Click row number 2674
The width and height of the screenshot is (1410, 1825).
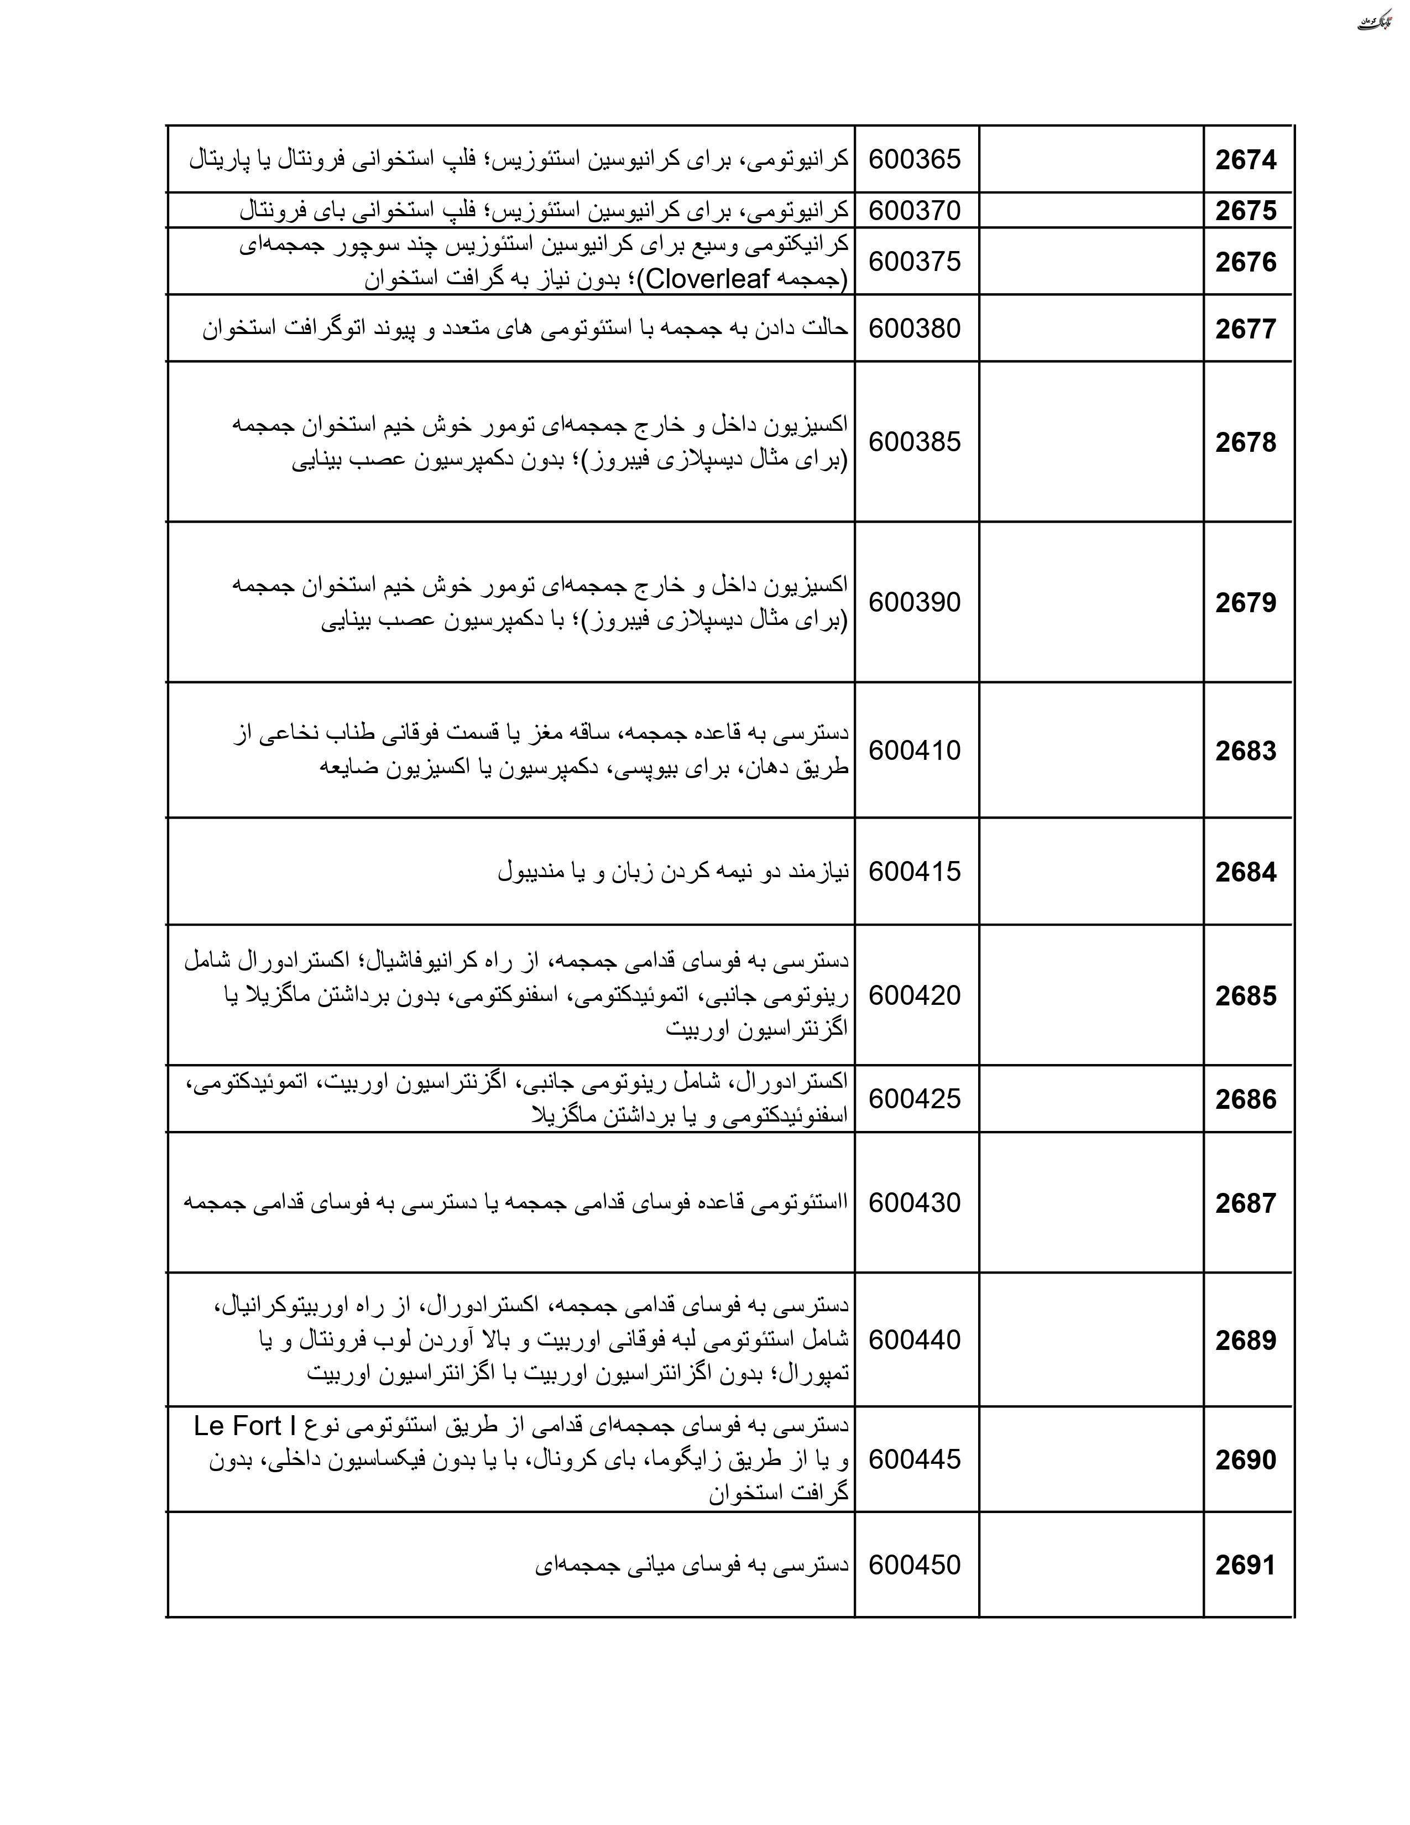[x=1245, y=160]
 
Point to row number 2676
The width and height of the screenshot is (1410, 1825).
[x=1245, y=262]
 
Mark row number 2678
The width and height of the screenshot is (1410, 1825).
[x=1245, y=442]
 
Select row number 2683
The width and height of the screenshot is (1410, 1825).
[x=1245, y=751]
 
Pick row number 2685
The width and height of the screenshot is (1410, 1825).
[x=1245, y=996]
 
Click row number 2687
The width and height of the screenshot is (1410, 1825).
[x=1245, y=1203]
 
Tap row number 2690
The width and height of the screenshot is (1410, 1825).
[x=1245, y=1460]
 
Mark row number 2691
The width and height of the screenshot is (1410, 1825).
[x=1245, y=1565]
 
